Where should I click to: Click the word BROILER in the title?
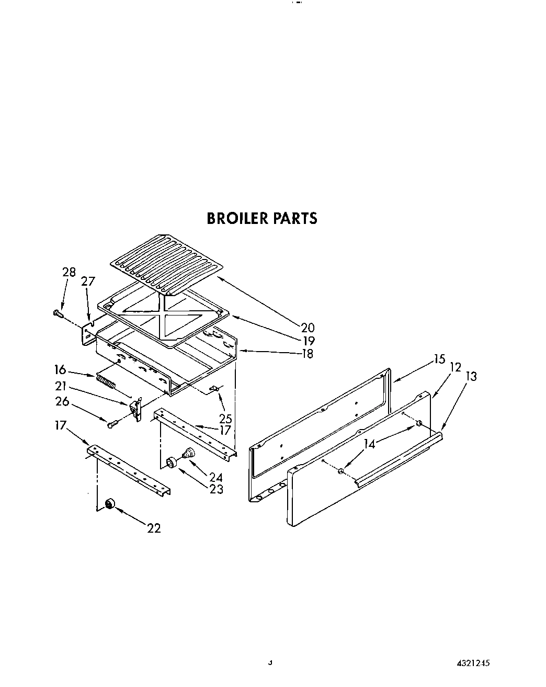coord(237,218)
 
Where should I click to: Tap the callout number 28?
coord(69,272)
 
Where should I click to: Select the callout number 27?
coord(88,281)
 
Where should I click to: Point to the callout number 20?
coord(308,328)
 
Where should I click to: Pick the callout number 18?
coord(307,354)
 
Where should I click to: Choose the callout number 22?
coord(154,528)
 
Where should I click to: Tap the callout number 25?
coord(226,419)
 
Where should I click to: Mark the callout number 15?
coord(439,359)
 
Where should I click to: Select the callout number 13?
coord(471,376)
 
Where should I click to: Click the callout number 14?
coord(370,444)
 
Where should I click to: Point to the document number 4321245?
coord(473,663)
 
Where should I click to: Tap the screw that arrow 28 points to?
coord(58,314)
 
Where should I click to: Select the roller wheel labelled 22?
coord(110,504)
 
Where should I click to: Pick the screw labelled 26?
coord(111,425)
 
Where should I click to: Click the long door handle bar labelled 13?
coord(397,456)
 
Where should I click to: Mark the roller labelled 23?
coord(170,463)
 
